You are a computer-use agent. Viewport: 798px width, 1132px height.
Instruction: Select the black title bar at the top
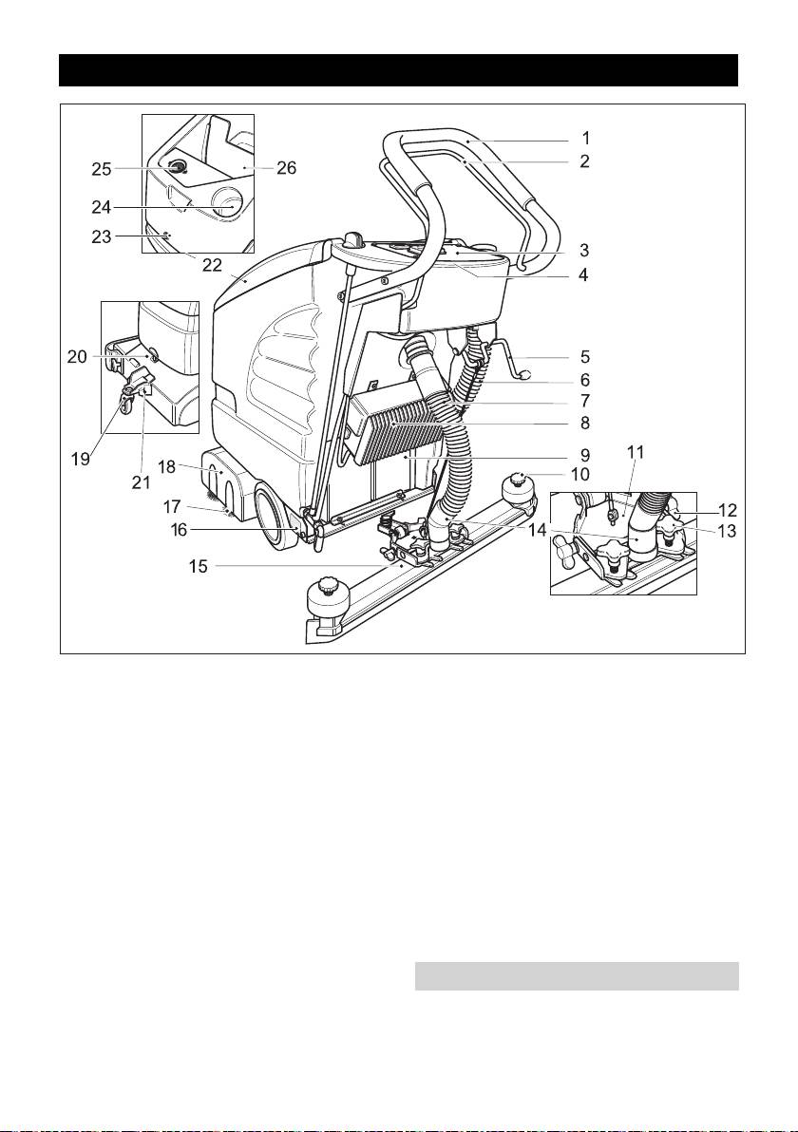[399, 70]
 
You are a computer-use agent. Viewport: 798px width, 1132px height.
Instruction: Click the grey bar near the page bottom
[577, 975]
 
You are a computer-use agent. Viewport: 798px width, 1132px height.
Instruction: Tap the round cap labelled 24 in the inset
[229, 200]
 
